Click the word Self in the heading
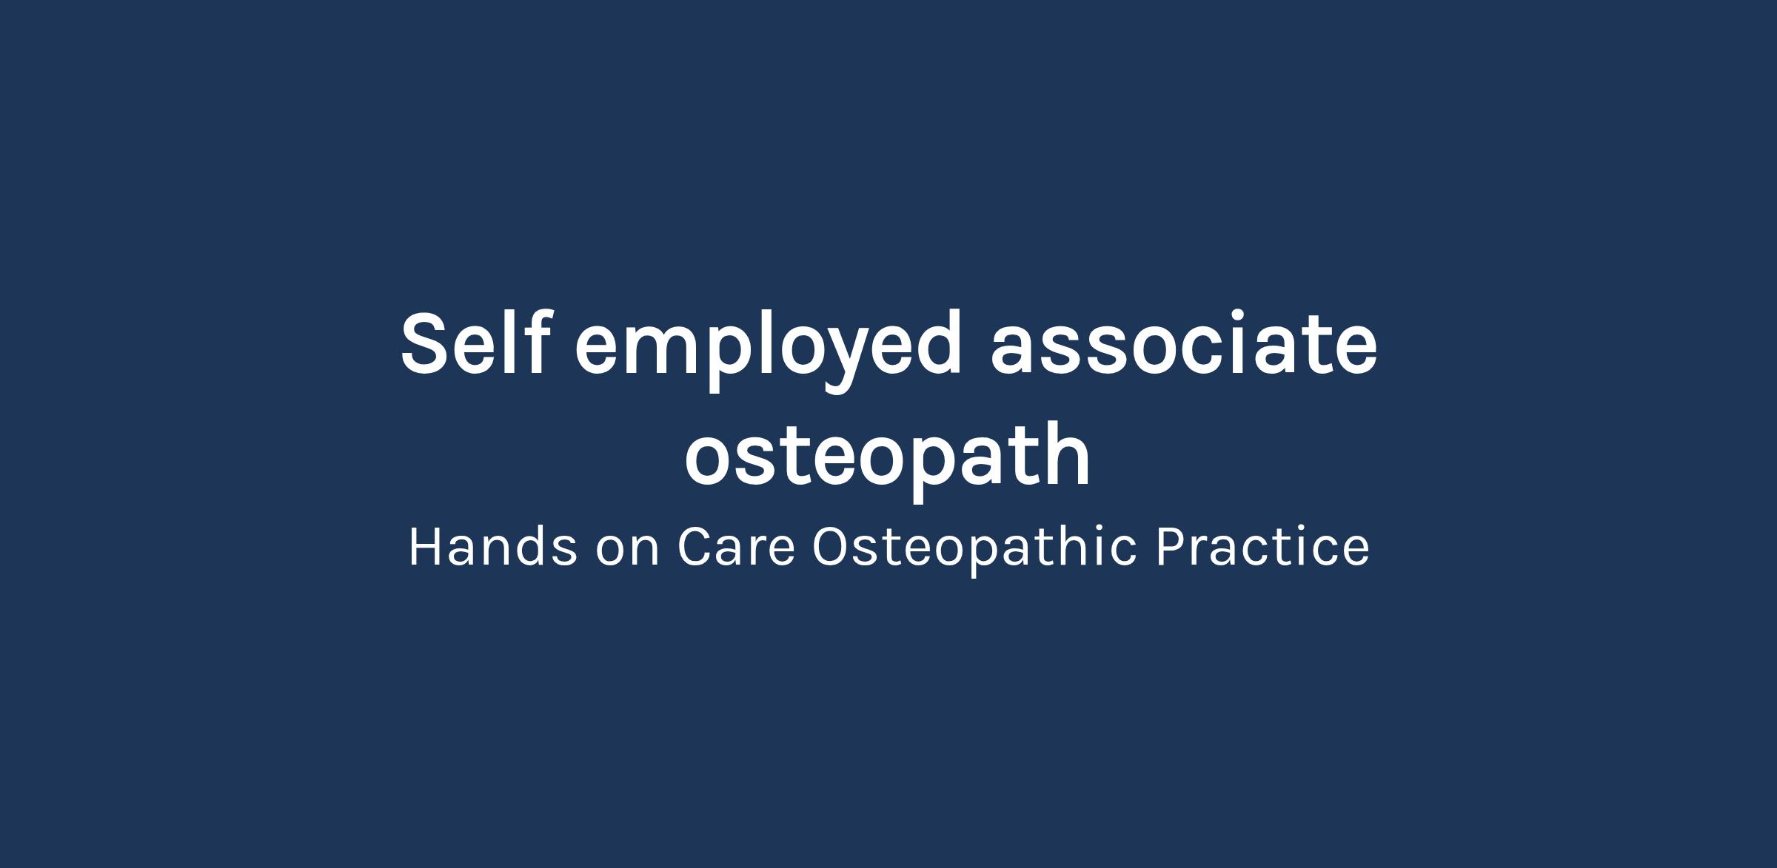point(476,343)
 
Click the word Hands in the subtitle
point(493,547)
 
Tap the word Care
point(736,548)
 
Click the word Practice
point(1262,548)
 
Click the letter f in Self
point(538,342)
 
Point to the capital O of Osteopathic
point(832,548)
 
